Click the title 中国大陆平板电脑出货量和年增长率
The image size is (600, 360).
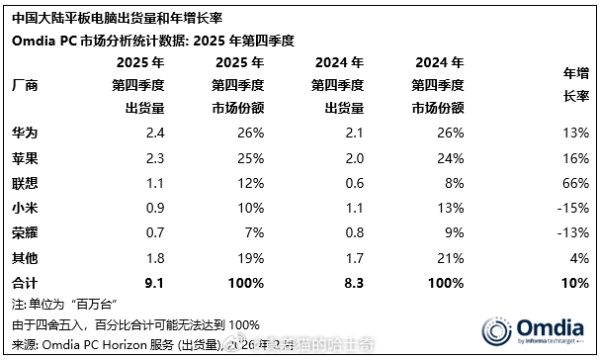pyautogui.click(x=100, y=17)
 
